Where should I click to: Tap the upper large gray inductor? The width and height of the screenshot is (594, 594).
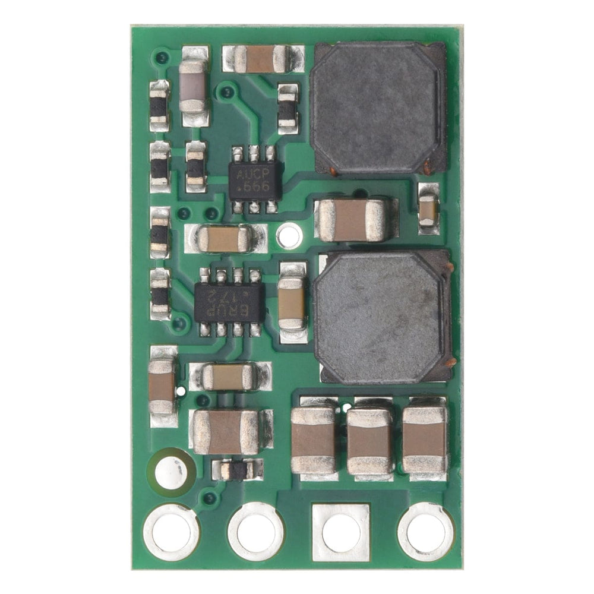378,108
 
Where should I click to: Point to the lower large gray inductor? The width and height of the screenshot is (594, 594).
383,316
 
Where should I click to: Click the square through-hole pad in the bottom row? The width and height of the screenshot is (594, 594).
341,532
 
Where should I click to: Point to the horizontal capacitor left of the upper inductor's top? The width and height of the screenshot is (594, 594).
259,59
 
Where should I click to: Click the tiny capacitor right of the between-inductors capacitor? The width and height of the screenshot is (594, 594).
428,207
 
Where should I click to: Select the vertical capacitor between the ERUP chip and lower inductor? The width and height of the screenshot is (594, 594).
292,303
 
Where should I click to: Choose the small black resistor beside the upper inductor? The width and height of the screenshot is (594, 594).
287,109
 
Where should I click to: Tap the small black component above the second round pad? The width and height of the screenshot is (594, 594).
237,470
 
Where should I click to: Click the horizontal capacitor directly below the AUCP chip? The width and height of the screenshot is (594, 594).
224,238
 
